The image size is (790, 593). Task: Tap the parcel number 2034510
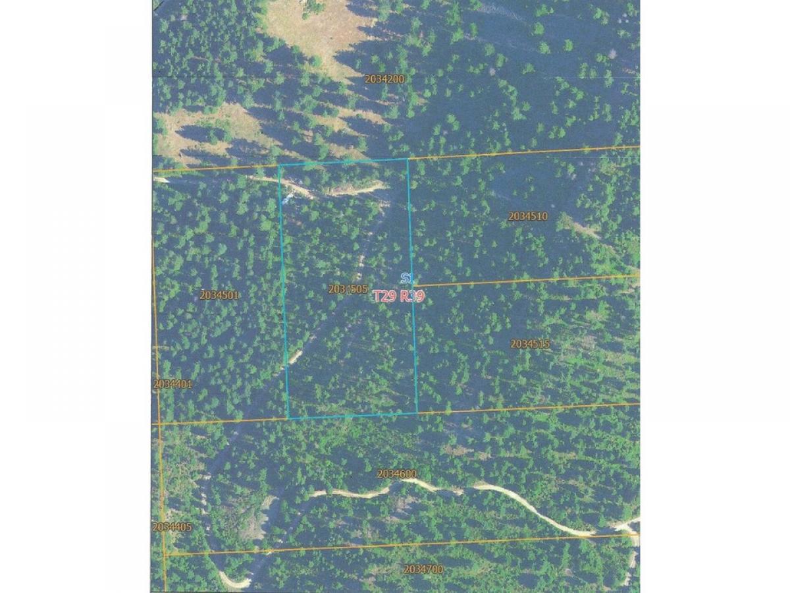click(527, 216)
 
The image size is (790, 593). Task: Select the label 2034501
click(219, 295)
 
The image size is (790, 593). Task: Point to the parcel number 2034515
click(530, 344)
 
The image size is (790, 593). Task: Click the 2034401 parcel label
click(172, 383)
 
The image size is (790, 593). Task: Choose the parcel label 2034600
click(396, 474)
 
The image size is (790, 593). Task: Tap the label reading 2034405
click(172, 527)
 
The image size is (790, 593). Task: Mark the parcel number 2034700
click(423, 569)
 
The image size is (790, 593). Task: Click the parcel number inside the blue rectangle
click(348, 289)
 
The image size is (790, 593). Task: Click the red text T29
click(385, 296)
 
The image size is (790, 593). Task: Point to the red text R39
click(413, 296)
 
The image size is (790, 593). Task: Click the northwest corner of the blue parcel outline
click(279, 165)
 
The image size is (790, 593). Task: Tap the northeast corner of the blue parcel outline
click(408, 159)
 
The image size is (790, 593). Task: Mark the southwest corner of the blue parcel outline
click(288, 418)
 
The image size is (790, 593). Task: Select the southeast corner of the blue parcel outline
click(417, 414)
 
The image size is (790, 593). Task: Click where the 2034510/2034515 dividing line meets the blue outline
click(413, 285)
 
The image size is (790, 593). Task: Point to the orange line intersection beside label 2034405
click(165, 554)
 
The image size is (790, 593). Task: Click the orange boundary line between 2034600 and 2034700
click(395, 544)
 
